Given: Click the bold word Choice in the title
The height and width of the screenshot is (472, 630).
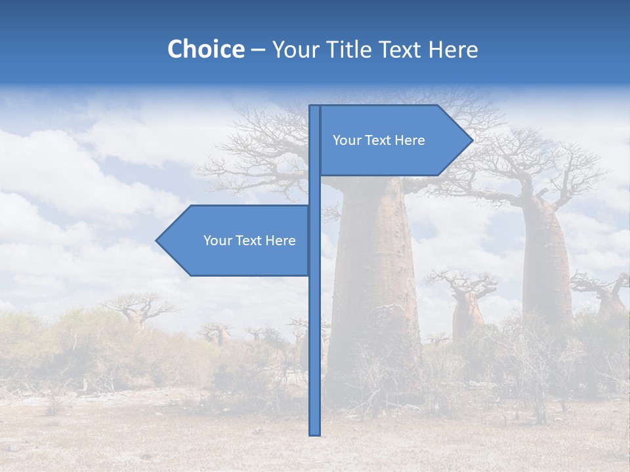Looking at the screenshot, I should pyautogui.click(x=205, y=50).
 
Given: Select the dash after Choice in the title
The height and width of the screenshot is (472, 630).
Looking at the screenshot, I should pyautogui.click(x=258, y=50).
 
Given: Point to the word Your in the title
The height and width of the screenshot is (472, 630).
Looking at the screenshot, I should pyautogui.click(x=293, y=50).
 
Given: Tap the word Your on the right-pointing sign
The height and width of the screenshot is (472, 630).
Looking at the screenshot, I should pyautogui.click(x=346, y=140).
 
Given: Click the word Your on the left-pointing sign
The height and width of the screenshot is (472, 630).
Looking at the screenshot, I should pyautogui.click(x=217, y=241).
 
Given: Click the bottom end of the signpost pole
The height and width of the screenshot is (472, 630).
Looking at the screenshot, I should pyautogui.click(x=314, y=433).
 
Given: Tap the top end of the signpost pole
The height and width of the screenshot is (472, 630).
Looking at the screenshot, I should pyautogui.click(x=314, y=107).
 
